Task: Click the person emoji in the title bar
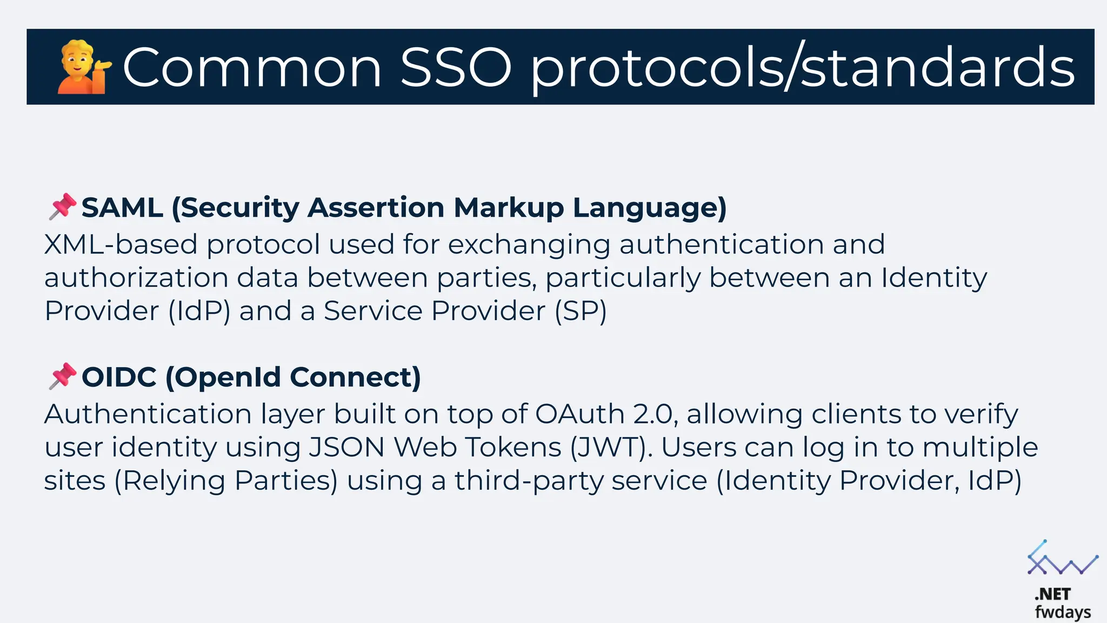coord(83,67)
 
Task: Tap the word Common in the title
coord(252,68)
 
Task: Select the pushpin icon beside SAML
coord(62,207)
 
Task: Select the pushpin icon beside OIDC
coord(62,376)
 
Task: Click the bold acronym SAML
coord(122,208)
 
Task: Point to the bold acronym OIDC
coord(119,377)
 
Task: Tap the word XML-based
coord(121,244)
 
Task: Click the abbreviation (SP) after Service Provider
coord(581,311)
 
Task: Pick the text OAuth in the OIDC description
coord(580,414)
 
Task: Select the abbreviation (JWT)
coord(611,448)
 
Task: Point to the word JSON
coord(346,448)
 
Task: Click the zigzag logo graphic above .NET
coord(1062,559)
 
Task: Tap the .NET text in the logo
coord(1052,594)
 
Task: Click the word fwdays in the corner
coord(1063,612)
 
